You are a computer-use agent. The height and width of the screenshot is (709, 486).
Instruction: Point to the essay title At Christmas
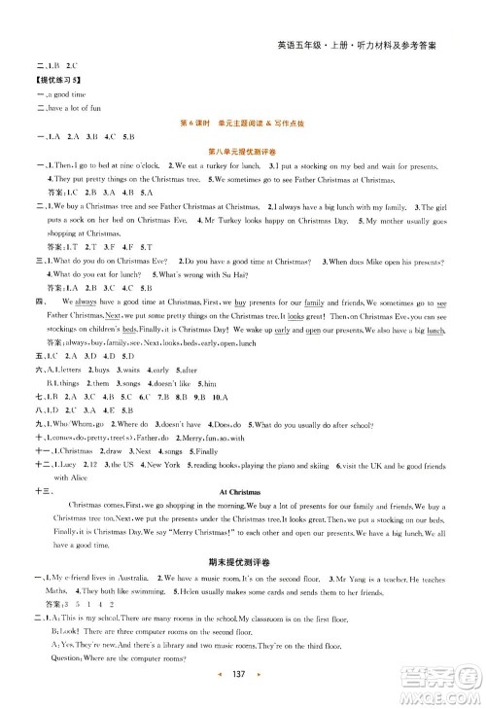pos(243,493)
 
